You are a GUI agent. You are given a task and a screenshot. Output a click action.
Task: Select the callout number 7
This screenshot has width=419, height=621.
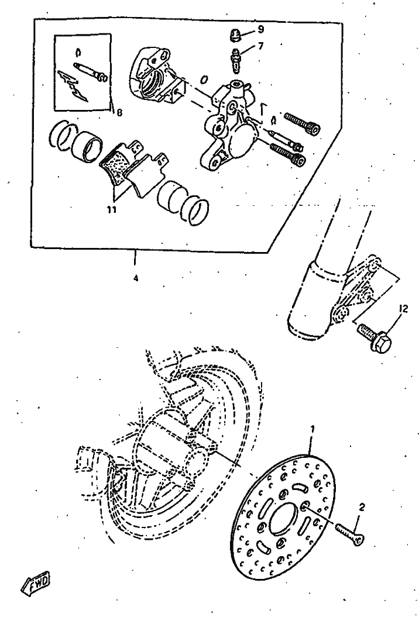pyautogui.click(x=260, y=46)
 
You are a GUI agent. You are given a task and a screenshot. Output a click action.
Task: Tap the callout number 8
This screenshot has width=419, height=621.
pyautogui.click(x=119, y=112)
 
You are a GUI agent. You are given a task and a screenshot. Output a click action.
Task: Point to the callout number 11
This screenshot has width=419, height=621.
pyautogui.click(x=112, y=209)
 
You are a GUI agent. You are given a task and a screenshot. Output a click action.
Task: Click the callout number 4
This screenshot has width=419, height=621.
pyautogui.click(x=136, y=278)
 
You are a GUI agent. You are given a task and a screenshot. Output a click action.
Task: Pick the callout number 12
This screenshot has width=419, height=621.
pyautogui.click(x=403, y=309)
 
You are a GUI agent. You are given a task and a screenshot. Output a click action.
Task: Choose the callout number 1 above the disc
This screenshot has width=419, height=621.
pyautogui.click(x=312, y=429)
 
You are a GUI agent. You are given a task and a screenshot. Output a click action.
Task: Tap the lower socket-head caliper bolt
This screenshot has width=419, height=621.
pyautogui.click(x=288, y=154)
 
